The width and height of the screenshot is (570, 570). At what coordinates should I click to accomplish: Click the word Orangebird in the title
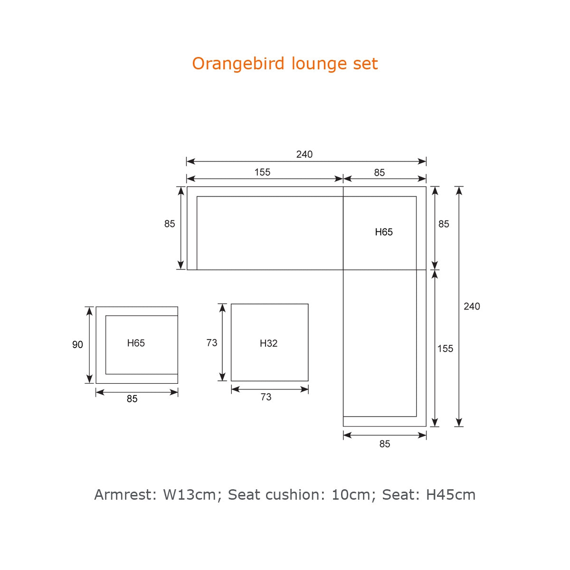tap(238, 64)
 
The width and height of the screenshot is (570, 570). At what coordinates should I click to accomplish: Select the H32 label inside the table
tap(268, 343)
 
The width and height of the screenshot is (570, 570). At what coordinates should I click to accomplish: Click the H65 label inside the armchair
tap(136, 343)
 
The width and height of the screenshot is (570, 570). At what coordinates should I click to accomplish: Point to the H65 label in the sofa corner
tap(384, 232)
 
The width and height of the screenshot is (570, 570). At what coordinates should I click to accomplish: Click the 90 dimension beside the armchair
tap(77, 344)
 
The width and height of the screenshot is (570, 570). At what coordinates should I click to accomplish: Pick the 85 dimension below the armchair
tap(132, 399)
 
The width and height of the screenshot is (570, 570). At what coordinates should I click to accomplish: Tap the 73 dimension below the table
tap(266, 397)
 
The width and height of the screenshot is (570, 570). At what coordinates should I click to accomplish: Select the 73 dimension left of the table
tap(211, 342)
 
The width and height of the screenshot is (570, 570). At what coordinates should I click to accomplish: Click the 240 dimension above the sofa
tap(304, 154)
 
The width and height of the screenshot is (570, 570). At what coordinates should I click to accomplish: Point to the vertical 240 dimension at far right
tap(472, 306)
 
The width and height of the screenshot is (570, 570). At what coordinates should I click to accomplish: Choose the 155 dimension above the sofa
tap(262, 172)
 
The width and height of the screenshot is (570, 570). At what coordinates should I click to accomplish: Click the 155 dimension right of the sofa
tap(445, 349)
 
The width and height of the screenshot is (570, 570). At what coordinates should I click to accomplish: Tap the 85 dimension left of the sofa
tap(170, 224)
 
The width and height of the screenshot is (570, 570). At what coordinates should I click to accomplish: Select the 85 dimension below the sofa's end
tap(385, 444)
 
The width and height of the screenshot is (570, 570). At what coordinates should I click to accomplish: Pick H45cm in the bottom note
tap(450, 494)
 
